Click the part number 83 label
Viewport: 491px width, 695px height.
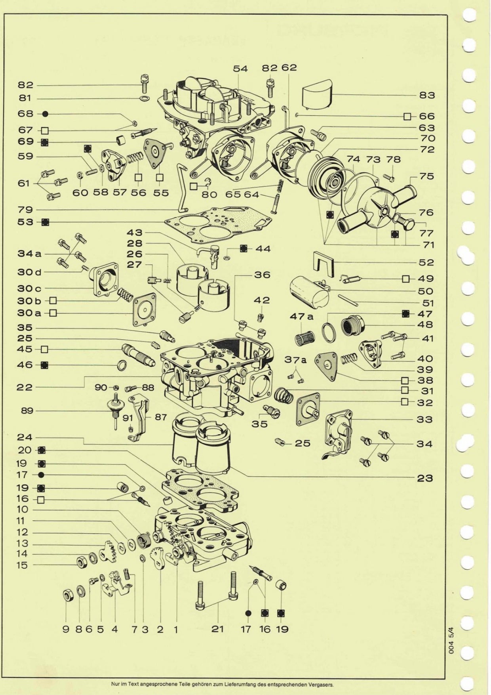426,95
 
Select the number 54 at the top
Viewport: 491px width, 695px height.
240,69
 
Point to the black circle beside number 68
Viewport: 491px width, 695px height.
45,114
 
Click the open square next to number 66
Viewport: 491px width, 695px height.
407,116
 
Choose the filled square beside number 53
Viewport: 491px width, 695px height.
46,222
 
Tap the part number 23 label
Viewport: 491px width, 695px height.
425,478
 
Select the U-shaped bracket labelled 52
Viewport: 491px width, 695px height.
324,262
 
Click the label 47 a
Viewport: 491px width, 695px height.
301,316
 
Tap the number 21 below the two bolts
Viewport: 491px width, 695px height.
217,629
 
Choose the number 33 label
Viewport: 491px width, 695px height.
424,419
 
